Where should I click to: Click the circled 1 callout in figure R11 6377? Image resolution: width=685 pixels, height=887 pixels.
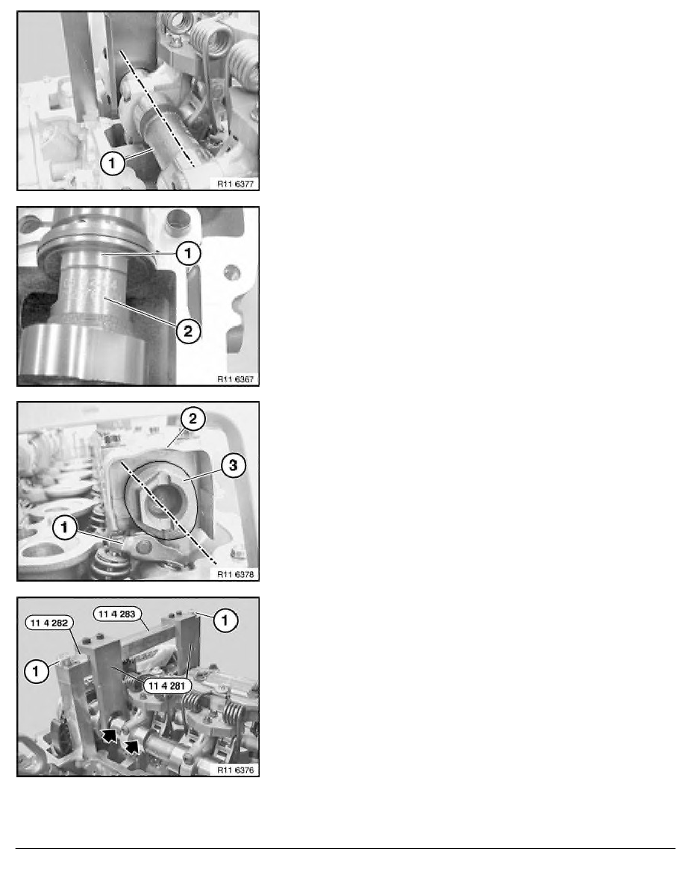coord(112,164)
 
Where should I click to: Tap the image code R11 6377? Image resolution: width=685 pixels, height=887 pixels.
coord(236,183)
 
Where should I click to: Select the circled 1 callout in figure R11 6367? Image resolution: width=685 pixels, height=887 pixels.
coord(187,253)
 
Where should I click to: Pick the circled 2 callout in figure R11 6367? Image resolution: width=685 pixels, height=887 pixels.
coord(187,330)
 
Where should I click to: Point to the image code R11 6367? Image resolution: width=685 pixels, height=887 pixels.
coord(236,379)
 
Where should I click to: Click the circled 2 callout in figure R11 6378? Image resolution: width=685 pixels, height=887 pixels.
coord(193,419)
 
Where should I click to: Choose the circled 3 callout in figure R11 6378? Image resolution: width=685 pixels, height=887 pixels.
coord(233,466)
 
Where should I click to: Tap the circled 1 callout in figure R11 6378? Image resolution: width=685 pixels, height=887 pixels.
coord(64,527)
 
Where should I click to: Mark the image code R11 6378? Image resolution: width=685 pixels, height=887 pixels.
coord(236,574)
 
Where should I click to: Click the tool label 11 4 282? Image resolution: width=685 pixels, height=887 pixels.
coord(49,623)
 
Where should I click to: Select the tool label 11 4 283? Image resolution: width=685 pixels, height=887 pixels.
coord(118,614)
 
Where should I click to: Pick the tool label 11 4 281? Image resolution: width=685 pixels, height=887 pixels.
coord(166,686)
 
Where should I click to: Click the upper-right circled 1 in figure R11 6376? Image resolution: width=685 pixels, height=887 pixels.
coord(225,620)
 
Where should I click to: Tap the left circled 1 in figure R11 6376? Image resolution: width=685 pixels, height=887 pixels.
coord(37,671)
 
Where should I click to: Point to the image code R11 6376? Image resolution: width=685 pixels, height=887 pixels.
coord(236,770)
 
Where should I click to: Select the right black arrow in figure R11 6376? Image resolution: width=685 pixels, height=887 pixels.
coord(132,747)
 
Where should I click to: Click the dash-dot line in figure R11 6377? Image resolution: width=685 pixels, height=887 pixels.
coord(157,108)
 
